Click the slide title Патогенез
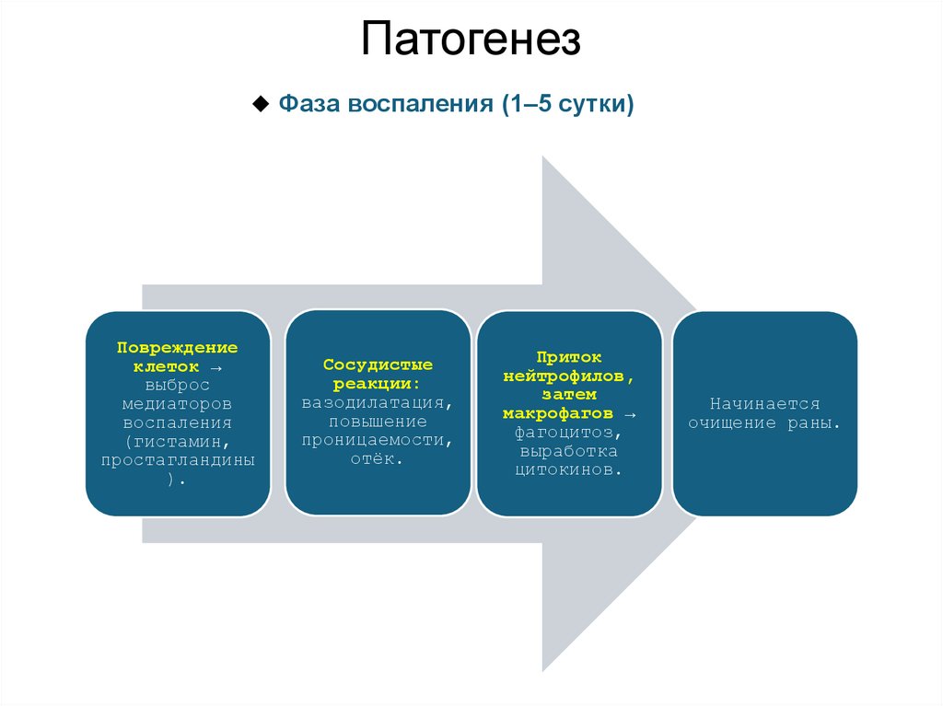(x=471, y=41)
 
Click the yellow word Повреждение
(x=178, y=348)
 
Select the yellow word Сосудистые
(x=378, y=365)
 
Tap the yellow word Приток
(x=570, y=357)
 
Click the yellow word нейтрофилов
(x=567, y=376)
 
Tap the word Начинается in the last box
(x=764, y=403)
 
